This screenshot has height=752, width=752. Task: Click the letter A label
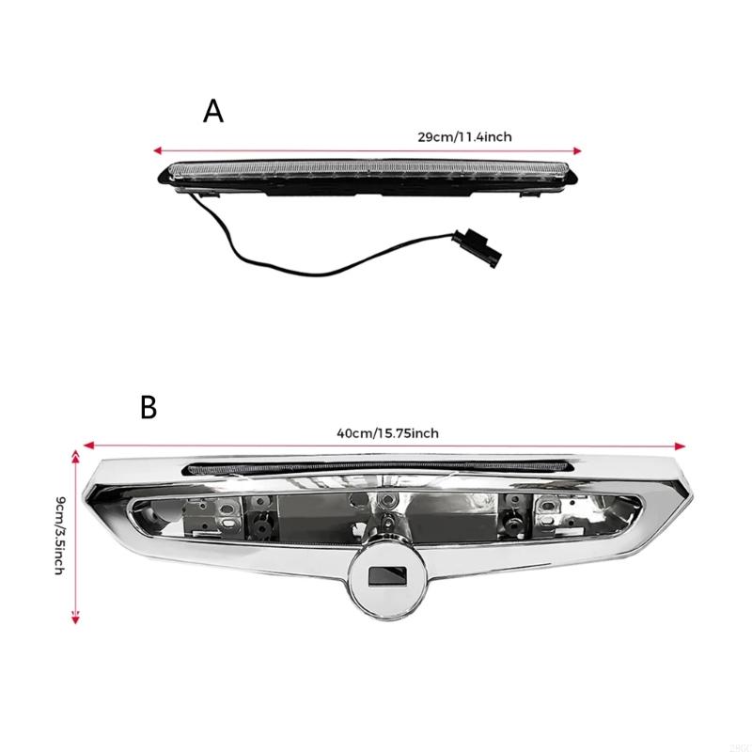click(213, 112)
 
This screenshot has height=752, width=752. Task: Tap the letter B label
click(149, 408)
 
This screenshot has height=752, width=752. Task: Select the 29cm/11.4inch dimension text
click(464, 136)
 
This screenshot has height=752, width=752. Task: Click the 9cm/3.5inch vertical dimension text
click(60, 536)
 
